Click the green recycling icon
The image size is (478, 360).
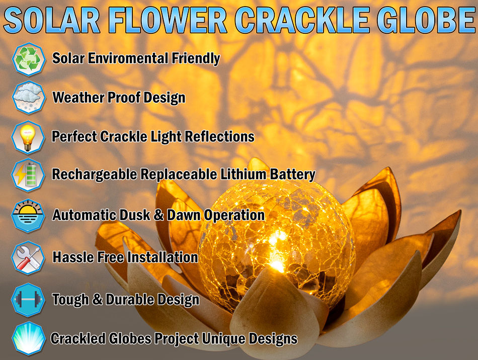coord(29,59)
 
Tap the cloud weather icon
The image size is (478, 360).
coord(29,97)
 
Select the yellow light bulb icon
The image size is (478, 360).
coord(28,137)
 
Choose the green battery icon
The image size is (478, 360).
coord(28,175)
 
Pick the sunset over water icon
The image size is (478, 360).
coord(28,215)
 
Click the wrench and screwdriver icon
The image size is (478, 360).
coord(28,258)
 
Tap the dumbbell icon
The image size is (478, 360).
coord(28,300)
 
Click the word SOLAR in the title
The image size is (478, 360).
coord(52,20)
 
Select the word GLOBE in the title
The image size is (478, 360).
coord(426,20)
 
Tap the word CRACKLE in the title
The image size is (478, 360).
coord(302,20)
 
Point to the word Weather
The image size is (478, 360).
coord(78,97)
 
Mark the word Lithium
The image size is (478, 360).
coord(244,174)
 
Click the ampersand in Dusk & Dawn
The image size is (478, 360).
coord(158,215)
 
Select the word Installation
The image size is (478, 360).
coord(163,257)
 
